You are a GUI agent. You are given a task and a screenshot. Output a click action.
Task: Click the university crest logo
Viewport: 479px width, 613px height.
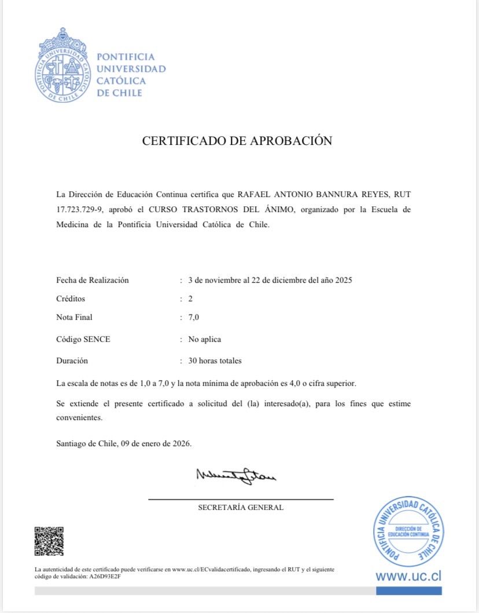click(x=62, y=65)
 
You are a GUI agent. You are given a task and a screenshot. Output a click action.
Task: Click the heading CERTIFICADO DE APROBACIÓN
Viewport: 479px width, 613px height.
click(x=237, y=141)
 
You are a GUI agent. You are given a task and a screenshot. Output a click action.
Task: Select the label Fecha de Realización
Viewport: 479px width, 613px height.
click(x=93, y=280)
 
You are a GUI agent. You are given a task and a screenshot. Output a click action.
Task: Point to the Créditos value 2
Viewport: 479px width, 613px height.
click(x=190, y=299)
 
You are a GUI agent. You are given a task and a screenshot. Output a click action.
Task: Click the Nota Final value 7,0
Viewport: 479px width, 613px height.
click(x=194, y=317)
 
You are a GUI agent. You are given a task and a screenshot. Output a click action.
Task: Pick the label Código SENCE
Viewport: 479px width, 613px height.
click(x=83, y=340)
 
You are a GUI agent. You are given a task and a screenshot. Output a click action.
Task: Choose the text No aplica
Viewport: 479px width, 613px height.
click(x=205, y=340)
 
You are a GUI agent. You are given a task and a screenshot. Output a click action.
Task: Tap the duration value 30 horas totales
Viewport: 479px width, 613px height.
click(x=215, y=361)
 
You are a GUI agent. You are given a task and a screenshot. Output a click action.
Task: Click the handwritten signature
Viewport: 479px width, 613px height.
click(x=236, y=476)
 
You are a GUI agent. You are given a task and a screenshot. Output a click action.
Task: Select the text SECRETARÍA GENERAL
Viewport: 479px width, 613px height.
click(x=241, y=508)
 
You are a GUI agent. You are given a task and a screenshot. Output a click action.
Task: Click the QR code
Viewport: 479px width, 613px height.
click(x=49, y=541)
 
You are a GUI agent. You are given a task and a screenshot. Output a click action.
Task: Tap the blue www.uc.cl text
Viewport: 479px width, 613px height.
click(x=408, y=576)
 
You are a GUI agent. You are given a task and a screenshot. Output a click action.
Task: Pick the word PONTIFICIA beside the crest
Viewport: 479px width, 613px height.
click(x=126, y=57)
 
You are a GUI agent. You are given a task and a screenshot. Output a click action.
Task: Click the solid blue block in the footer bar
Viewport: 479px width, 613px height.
click(x=408, y=591)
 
